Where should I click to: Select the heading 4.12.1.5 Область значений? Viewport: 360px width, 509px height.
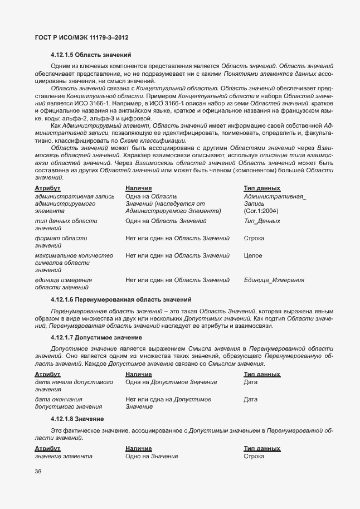point(90,55)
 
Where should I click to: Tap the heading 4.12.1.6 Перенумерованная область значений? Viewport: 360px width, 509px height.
point(120,299)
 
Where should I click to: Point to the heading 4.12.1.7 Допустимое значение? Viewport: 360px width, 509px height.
point(95,338)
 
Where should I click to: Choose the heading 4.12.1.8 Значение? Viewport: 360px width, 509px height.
point(77,419)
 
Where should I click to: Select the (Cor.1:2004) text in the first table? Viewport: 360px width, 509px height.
point(261,211)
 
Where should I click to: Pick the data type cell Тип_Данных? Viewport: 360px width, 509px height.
point(262,221)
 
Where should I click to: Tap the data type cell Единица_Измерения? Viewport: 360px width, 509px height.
point(274,280)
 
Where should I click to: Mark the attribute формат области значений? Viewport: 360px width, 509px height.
point(61,242)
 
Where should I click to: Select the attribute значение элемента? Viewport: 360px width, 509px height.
point(64,457)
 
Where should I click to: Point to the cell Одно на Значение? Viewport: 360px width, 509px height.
point(152,457)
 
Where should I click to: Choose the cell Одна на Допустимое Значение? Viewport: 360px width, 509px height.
point(171,382)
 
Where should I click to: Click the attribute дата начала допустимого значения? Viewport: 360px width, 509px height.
point(74,385)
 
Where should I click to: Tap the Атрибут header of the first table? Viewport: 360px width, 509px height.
point(47,188)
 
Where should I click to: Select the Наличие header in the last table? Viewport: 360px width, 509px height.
point(139,449)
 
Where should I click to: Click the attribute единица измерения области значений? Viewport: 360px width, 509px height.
point(63,283)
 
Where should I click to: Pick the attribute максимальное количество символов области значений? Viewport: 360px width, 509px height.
point(74,263)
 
